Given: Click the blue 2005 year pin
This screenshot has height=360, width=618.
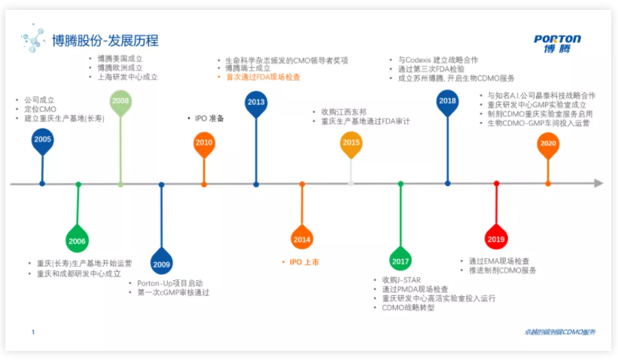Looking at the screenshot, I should (x=43, y=140).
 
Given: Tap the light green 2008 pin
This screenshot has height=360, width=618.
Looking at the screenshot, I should (x=120, y=101).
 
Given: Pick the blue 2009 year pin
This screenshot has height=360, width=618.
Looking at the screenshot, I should (x=161, y=263).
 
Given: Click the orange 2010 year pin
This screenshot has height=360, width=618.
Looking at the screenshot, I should (x=204, y=142).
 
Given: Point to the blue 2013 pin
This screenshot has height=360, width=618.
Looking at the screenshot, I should (x=256, y=102).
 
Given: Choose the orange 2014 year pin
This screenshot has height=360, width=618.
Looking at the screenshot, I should (x=302, y=239).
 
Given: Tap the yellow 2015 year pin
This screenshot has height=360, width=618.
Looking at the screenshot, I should (x=351, y=142).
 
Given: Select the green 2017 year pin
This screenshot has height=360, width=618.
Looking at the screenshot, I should (x=400, y=260).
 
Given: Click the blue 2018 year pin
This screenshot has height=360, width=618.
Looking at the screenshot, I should (x=447, y=101).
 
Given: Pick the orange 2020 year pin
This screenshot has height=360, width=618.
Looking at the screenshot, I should (x=548, y=143).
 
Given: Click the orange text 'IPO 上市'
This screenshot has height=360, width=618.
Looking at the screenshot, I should (x=304, y=262).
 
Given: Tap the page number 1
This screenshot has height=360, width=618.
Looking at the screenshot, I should (x=33, y=332).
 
